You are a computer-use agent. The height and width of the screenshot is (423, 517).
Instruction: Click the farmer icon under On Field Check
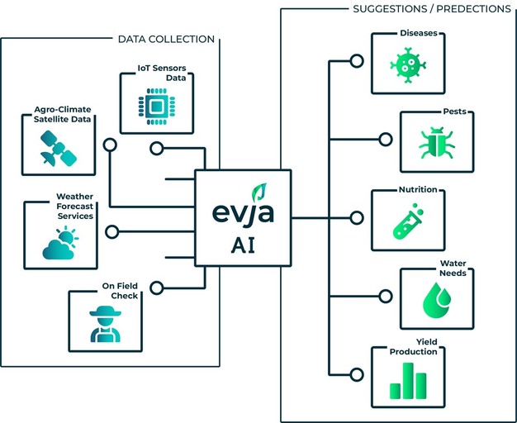[x=104, y=323]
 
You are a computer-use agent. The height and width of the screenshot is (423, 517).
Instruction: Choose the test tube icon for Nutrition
[x=406, y=221]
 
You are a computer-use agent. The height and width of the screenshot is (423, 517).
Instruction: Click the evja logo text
[x=243, y=214]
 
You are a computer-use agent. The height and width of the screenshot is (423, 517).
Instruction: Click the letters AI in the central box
[x=243, y=246]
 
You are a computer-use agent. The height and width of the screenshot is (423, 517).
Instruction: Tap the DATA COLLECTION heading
[x=166, y=39]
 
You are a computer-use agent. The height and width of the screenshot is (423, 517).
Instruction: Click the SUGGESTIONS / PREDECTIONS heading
[x=431, y=9]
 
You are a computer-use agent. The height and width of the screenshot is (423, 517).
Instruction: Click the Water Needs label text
[x=453, y=269]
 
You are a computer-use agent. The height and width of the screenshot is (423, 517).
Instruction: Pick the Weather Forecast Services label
[x=74, y=207]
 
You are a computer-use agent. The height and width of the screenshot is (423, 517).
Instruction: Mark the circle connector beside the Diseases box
[x=357, y=61]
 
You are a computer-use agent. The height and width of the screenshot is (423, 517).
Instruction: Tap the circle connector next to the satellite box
[x=109, y=145]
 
